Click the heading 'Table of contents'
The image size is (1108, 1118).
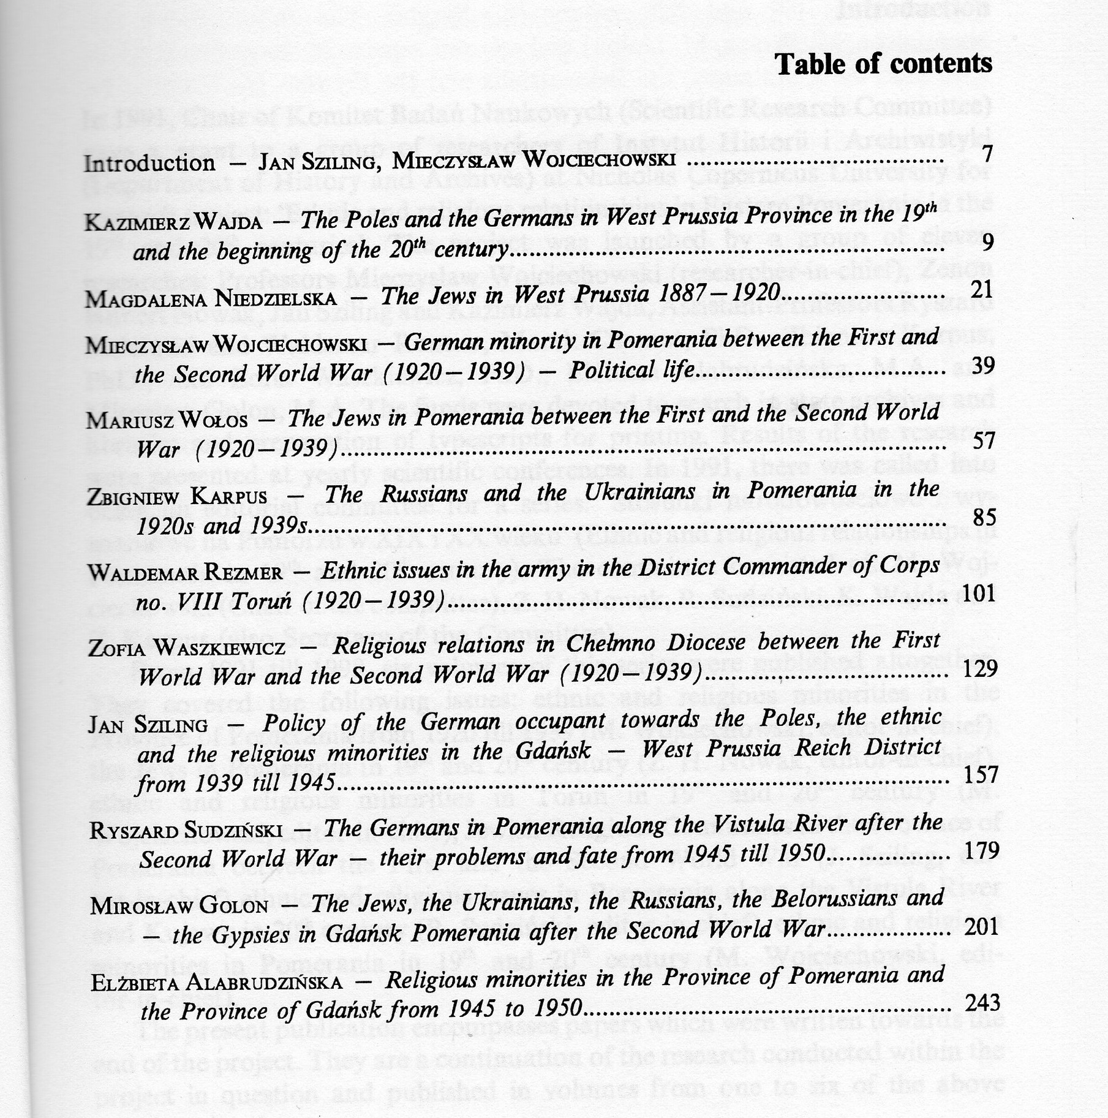pos(883,64)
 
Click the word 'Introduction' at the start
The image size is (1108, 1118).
pos(149,164)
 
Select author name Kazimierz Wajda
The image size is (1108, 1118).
pos(174,222)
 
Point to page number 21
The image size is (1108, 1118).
pos(982,289)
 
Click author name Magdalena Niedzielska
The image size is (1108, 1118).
pos(211,298)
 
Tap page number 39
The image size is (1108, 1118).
pos(982,366)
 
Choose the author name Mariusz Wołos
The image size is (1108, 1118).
pos(167,421)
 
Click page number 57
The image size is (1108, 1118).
pos(983,440)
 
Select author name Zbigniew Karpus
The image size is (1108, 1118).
pos(178,496)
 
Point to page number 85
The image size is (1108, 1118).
pos(984,518)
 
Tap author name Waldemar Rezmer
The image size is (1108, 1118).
pos(186,573)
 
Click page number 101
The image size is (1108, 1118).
pos(979,593)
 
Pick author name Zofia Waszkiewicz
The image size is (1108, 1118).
pos(187,648)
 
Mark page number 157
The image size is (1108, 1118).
pos(981,776)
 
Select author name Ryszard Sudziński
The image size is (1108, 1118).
pos(186,831)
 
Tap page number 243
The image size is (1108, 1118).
pos(982,1003)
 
